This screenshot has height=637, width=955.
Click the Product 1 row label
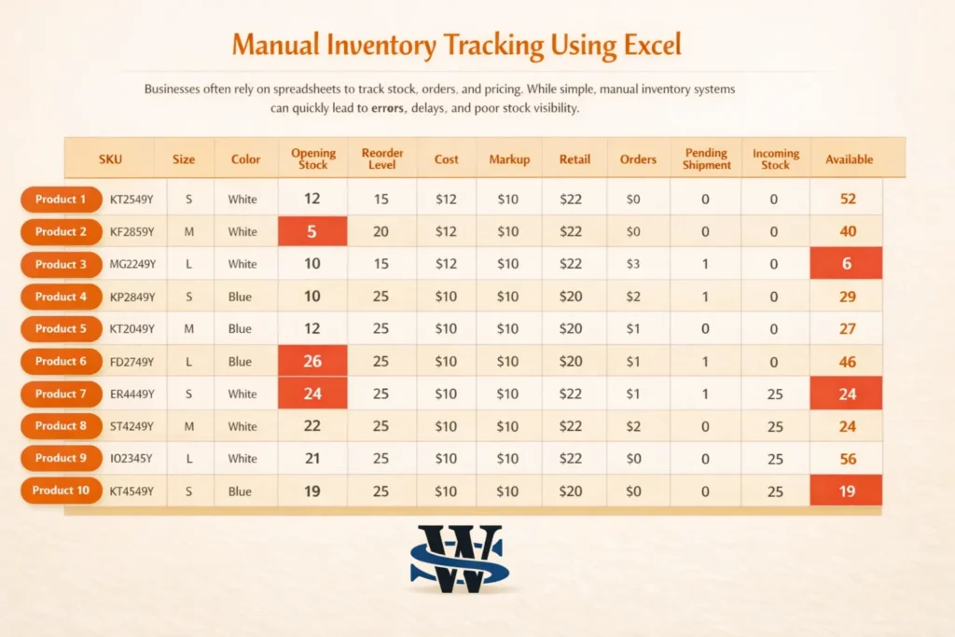point(61,199)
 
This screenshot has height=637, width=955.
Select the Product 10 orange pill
point(61,491)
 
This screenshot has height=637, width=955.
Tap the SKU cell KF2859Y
point(132,231)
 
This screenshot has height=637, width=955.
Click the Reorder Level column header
point(381,159)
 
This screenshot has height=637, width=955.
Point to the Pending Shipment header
point(707,159)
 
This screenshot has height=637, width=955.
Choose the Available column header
point(849,159)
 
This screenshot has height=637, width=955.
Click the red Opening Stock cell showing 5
point(312,231)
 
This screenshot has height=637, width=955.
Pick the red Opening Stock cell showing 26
point(312,361)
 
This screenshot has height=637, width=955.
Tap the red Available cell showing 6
point(847,264)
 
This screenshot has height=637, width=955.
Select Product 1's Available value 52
point(847,199)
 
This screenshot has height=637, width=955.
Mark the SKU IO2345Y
point(132,458)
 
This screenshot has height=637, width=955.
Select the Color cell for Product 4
point(242,297)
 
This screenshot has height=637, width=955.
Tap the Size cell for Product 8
point(189,426)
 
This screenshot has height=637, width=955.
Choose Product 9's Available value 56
point(847,458)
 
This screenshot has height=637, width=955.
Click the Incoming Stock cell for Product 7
point(775,394)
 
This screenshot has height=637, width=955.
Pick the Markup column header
point(509,159)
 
